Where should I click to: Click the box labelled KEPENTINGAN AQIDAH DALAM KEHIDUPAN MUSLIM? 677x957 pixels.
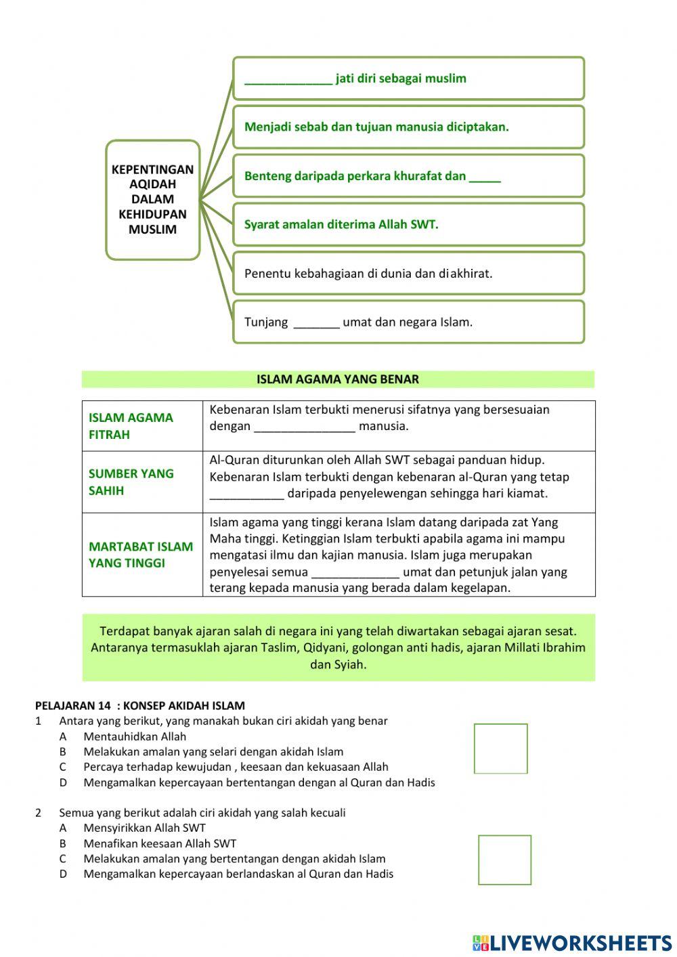(x=152, y=200)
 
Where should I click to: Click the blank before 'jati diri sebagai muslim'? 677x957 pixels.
(x=288, y=79)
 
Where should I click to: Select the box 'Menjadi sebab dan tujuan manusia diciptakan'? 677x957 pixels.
(x=408, y=127)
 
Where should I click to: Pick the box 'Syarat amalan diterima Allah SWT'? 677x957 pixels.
(x=408, y=225)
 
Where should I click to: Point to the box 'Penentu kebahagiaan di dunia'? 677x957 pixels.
(x=408, y=274)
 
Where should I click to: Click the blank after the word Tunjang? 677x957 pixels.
(x=316, y=323)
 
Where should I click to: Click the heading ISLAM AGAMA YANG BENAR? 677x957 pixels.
(x=338, y=379)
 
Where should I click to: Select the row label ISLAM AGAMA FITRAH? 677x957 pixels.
(x=131, y=426)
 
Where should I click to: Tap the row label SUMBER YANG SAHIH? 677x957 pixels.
(x=131, y=482)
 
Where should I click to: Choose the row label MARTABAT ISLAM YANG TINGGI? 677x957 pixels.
(x=140, y=554)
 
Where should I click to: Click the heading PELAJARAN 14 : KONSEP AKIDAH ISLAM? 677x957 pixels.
(x=140, y=706)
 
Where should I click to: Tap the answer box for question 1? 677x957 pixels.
(x=500, y=748)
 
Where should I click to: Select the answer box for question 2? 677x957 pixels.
(x=504, y=859)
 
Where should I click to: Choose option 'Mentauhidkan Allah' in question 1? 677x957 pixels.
(x=135, y=736)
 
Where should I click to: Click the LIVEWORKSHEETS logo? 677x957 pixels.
(x=572, y=943)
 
